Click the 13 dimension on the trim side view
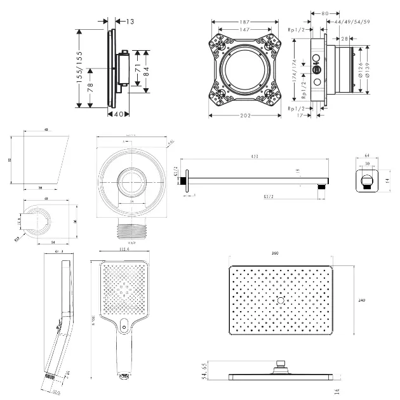pos(130,22)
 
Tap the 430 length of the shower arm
pos(255,156)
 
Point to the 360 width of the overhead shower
pos(276,253)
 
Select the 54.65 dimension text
pos(204,370)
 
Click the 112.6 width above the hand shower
pos(123,250)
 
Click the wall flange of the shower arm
pos(185,182)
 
